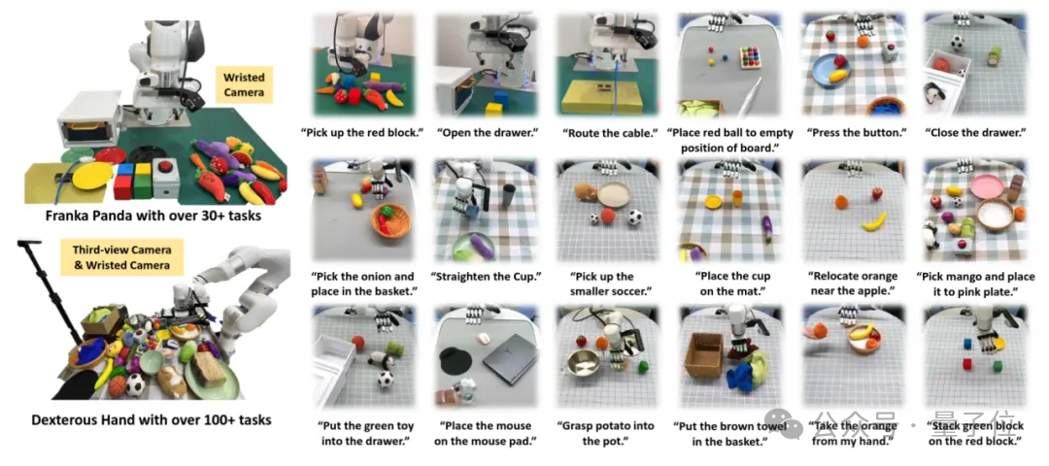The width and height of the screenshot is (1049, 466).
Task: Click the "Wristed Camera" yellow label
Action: click(244, 84)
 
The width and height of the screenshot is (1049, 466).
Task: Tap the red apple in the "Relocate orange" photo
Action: click(876, 194)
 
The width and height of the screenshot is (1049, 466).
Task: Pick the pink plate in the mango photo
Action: click(987, 184)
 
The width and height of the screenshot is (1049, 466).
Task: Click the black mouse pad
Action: click(456, 362)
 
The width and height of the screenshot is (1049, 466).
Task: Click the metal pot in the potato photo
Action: click(583, 363)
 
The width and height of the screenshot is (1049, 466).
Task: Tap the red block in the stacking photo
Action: click(966, 364)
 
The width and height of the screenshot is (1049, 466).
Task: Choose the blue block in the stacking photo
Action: click(967, 343)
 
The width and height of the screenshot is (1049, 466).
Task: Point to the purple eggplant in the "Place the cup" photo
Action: click(766, 229)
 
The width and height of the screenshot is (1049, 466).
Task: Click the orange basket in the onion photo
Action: click(391, 219)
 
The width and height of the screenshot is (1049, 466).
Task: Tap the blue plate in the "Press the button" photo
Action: click(831, 70)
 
